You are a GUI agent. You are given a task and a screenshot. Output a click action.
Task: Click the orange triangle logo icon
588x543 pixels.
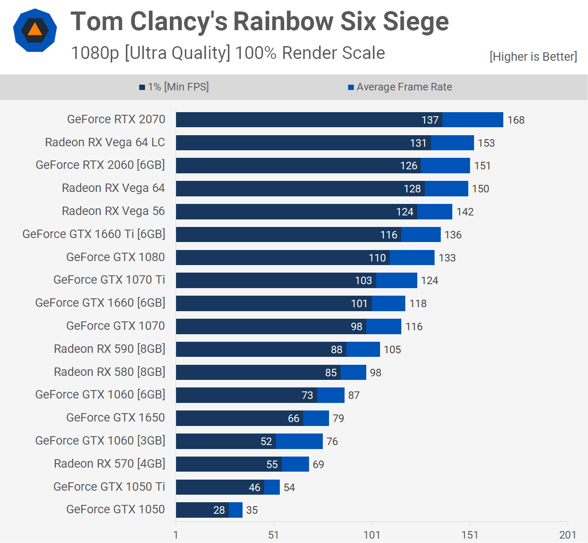[35, 30]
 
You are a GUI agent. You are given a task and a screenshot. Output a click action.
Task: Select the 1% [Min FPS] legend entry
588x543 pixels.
[174, 87]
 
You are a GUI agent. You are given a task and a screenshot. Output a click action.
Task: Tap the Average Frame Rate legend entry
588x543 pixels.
[400, 87]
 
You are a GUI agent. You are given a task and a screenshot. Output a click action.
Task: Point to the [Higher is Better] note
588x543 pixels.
[533, 57]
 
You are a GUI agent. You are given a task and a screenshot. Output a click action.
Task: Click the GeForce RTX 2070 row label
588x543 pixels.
[116, 119]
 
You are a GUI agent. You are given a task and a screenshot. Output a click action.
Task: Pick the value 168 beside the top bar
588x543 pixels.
[516, 120]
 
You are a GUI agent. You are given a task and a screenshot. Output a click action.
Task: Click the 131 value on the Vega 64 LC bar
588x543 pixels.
[418, 143]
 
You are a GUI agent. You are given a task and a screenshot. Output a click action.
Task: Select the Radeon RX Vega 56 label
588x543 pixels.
[113, 211]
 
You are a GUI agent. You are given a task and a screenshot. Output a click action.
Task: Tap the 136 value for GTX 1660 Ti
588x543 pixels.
[453, 235]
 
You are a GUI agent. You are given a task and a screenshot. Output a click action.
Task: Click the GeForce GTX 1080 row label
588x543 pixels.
[115, 257]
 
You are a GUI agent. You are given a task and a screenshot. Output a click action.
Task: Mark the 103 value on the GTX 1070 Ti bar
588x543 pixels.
[363, 281]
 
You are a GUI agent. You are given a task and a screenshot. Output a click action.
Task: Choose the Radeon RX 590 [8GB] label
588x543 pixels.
[110, 349]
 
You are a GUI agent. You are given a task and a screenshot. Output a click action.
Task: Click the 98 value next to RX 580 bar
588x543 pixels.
[376, 373]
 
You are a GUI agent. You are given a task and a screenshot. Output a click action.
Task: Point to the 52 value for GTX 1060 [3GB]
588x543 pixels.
[266, 441]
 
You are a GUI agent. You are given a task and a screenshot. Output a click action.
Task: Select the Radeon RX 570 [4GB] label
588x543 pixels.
[110, 464]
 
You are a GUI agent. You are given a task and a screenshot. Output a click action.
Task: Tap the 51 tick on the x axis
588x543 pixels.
[274, 535]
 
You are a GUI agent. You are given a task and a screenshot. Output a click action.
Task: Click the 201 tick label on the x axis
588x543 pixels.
[567, 535]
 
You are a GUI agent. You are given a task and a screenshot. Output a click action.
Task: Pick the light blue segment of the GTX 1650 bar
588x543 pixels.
[316, 418]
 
